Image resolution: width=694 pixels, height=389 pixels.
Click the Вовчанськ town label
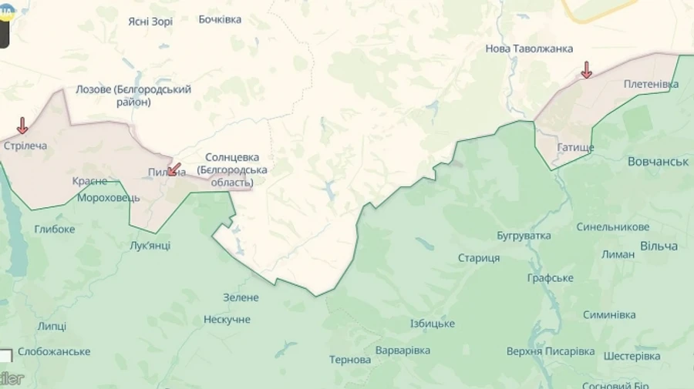click(x=658, y=162)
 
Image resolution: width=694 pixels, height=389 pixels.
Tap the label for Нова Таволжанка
click(x=529, y=49)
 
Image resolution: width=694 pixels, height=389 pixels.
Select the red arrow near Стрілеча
click(x=22, y=126)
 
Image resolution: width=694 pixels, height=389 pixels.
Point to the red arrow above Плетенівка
click(x=586, y=70)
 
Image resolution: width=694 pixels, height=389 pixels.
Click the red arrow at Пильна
click(x=174, y=169)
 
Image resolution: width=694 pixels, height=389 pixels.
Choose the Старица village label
click(x=478, y=258)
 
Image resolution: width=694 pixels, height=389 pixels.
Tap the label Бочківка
click(x=220, y=19)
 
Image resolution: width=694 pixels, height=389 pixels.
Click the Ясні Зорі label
click(x=150, y=22)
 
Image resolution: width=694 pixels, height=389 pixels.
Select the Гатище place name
click(x=575, y=146)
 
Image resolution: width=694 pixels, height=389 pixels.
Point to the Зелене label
click(x=241, y=297)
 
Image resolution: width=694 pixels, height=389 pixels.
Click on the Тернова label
click(x=350, y=360)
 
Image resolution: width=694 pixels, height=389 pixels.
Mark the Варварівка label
click(x=403, y=350)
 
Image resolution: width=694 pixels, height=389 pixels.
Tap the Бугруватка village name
click(x=524, y=235)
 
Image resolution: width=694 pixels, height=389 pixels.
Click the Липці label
click(x=52, y=326)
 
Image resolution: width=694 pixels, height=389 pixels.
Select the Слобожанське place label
click(x=54, y=351)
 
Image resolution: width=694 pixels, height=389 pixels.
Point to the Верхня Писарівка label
click(x=551, y=351)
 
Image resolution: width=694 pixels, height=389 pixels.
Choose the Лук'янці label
click(x=150, y=246)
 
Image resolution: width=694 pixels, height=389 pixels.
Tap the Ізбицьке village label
click(x=432, y=324)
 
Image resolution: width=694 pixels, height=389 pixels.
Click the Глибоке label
click(x=55, y=229)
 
